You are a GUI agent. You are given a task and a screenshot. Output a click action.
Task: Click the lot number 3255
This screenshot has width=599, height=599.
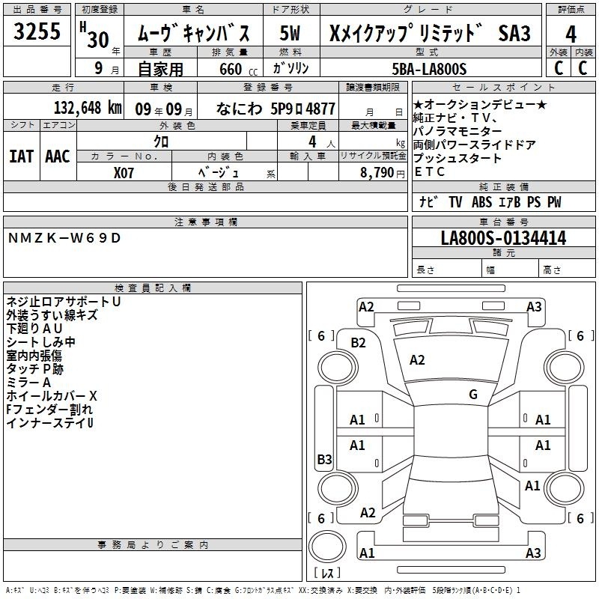tap(37, 31)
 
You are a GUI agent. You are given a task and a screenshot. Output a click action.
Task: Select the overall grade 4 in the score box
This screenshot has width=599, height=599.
tap(571, 34)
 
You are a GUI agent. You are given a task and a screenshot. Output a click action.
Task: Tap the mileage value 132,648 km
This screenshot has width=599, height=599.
tap(88, 108)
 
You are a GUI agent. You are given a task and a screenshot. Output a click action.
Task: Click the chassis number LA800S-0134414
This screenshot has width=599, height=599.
tap(503, 238)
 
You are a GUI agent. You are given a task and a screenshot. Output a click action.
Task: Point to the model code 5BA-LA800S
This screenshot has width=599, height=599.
tap(429, 69)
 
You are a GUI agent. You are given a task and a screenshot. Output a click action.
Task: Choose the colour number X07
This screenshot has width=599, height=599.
tap(124, 173)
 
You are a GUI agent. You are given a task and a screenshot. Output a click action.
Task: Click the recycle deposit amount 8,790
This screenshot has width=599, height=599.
tap(377, 173)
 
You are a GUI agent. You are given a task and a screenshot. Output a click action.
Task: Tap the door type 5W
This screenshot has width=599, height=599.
tap(290, 33)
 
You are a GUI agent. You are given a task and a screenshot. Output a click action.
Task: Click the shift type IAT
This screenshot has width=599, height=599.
tap(21, 156)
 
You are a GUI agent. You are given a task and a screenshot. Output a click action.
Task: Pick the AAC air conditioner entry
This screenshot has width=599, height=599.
tap(58, 156)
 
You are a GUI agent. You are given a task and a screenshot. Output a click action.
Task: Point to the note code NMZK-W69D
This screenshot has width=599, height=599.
tap(64, 238)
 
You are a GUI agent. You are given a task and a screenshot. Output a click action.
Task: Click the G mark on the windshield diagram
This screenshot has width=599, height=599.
tap(473, 395)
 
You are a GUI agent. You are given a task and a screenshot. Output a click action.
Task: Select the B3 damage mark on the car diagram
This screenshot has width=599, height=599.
tap(324, 459)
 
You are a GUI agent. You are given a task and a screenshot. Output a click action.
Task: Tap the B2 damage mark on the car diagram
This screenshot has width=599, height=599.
tap(358, 343)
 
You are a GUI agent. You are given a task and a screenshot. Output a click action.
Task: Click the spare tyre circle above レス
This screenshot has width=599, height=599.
tap(327, 547)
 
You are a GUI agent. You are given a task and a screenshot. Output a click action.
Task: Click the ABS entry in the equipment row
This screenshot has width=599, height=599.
tap(481, 202)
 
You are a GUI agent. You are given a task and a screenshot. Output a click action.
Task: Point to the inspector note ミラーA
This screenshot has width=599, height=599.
tap(28, 383)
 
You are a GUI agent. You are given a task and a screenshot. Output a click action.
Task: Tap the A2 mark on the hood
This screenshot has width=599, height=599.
tap(417, 360)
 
